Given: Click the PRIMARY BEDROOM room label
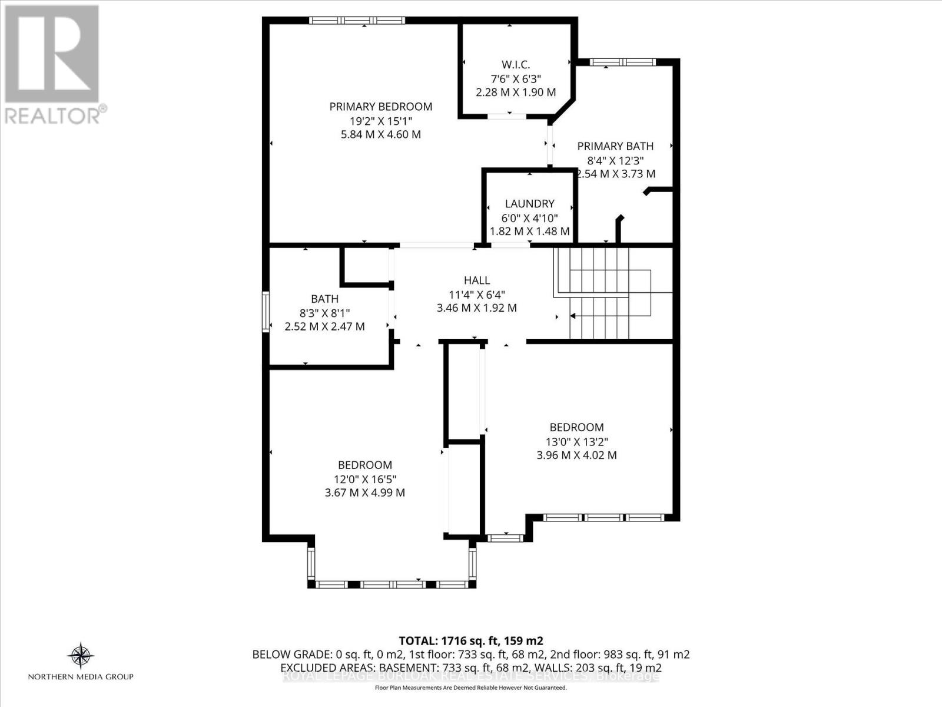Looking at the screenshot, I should click(x=380, y=107).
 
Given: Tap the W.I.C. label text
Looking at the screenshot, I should click(x=509, y=64).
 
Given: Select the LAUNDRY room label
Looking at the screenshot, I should click(x=529, y=204).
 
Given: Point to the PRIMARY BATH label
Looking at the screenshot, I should click(x=615, y=146).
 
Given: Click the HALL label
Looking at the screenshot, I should click(x=476, y=280).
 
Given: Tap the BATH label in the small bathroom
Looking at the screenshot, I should click(x=324, y=299).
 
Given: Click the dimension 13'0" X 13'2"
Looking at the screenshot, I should click(x=576, y=441).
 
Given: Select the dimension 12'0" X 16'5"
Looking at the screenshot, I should click(x=364, y=479).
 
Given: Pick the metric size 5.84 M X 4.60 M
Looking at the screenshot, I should click(x=380, y=134).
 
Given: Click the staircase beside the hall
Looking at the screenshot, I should click(x=612, y=293).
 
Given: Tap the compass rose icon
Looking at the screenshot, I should click(x=81, y=655).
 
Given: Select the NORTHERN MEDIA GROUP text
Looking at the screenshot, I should click(x=81, y=677).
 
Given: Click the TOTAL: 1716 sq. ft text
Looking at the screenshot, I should click(x=470, y=641).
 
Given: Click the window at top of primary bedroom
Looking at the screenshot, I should click(x=357, y=21).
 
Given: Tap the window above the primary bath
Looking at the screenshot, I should click(x=622, y=62).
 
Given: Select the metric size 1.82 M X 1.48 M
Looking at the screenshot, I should click(x=529, y=232).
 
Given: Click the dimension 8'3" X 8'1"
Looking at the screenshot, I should click(x=324, y=313).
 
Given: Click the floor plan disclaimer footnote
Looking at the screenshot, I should click(x=470, y=688).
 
